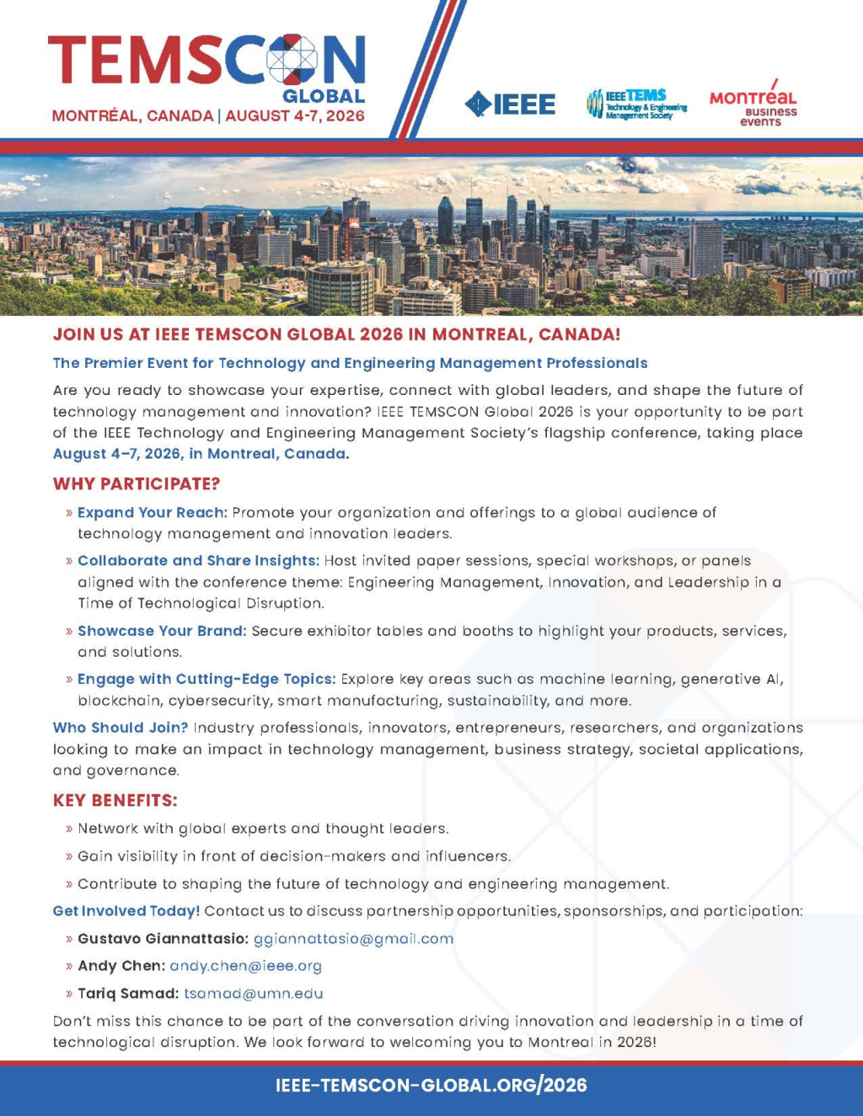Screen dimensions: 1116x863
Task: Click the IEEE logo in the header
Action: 510,104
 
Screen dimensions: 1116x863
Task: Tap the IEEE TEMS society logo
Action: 636,104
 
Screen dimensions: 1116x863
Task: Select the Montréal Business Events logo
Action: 753,105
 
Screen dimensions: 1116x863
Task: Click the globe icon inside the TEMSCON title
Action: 292,61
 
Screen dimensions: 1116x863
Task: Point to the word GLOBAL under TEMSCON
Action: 324,96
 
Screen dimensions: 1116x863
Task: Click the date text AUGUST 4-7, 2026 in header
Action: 295,116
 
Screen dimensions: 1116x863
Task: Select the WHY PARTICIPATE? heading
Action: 137,484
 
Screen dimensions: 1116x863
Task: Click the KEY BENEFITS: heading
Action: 115,801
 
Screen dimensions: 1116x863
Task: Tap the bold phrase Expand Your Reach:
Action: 153,513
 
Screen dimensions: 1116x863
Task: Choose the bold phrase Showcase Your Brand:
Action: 162,632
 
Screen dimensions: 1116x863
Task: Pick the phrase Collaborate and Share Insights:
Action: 198,561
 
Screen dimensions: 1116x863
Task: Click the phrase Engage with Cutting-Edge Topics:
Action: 206,680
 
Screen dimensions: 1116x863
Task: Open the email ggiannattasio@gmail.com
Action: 353,939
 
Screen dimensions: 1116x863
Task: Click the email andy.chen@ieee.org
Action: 245,966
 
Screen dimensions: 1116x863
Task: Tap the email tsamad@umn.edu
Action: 254,994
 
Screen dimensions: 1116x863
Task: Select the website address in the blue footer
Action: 431,1086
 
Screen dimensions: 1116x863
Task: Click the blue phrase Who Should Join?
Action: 121,728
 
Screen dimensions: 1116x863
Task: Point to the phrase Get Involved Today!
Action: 126,911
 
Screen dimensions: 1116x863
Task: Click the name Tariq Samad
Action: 126,994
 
